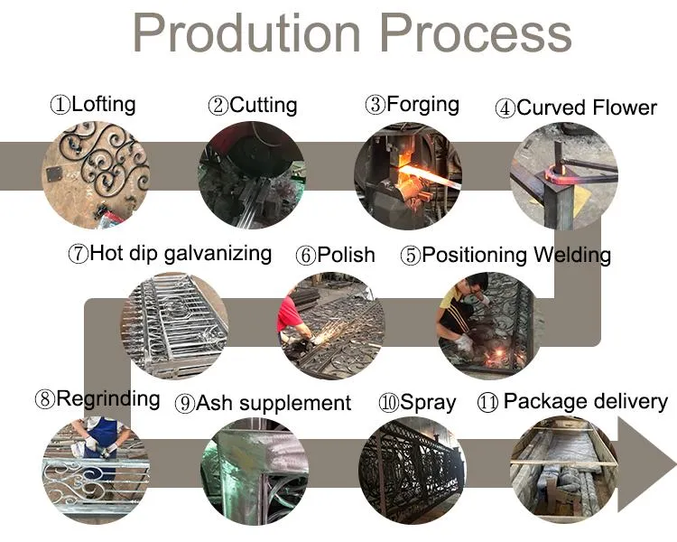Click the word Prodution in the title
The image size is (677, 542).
tap(246, 33)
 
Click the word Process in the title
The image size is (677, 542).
tap(477, 33)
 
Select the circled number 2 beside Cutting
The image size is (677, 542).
tap(218, 106)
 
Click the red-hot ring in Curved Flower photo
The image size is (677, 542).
tap(555, 176)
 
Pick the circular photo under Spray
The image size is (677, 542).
tap(413, 471)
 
